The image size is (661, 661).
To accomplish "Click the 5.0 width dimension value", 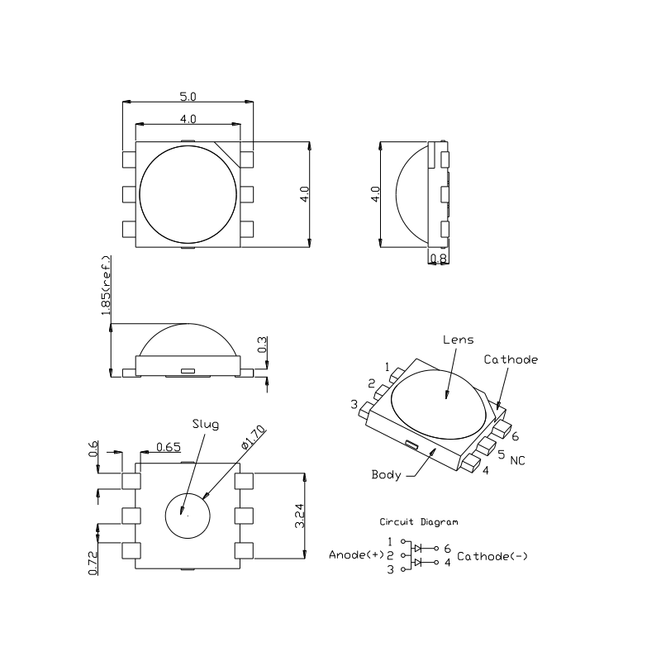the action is tap(188, 97).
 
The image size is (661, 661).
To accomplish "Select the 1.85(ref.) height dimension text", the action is tap(107, 285).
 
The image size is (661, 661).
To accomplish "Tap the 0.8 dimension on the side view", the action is tap(439, 257).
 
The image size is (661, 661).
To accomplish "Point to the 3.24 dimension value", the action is tap(300, 516).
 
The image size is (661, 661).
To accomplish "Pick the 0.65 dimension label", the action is tap(169, 447).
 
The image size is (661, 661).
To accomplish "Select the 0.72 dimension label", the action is tap(93, 563).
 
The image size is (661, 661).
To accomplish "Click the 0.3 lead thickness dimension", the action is tap(262, 345).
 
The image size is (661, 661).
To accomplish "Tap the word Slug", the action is tap(206, 424).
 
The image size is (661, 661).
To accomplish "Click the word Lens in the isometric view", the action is tap(459, 340).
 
